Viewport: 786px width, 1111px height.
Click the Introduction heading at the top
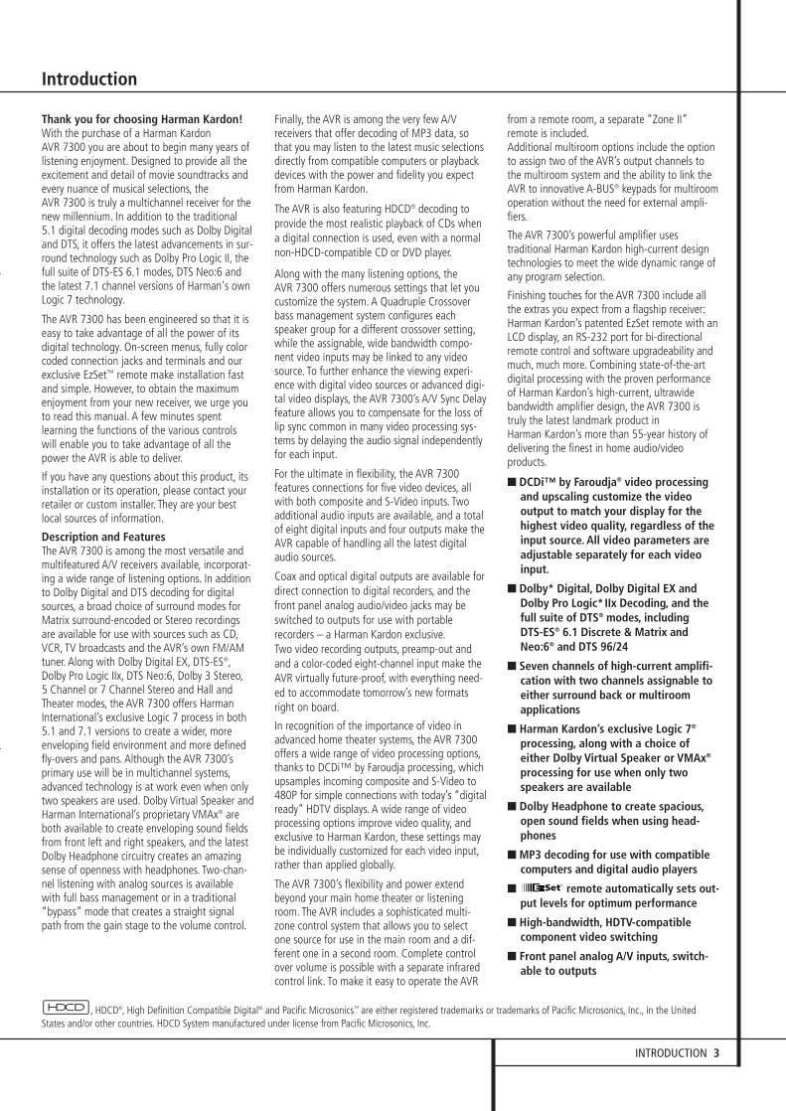point(89,79)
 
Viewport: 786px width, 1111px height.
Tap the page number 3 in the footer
point(716,1053)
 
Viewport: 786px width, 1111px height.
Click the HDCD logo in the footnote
point(66,1008)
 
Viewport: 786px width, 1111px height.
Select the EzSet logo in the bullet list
point(543,887)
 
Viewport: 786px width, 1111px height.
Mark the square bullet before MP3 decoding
point(512,854)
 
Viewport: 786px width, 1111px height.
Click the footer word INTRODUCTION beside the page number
point(670,1053)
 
